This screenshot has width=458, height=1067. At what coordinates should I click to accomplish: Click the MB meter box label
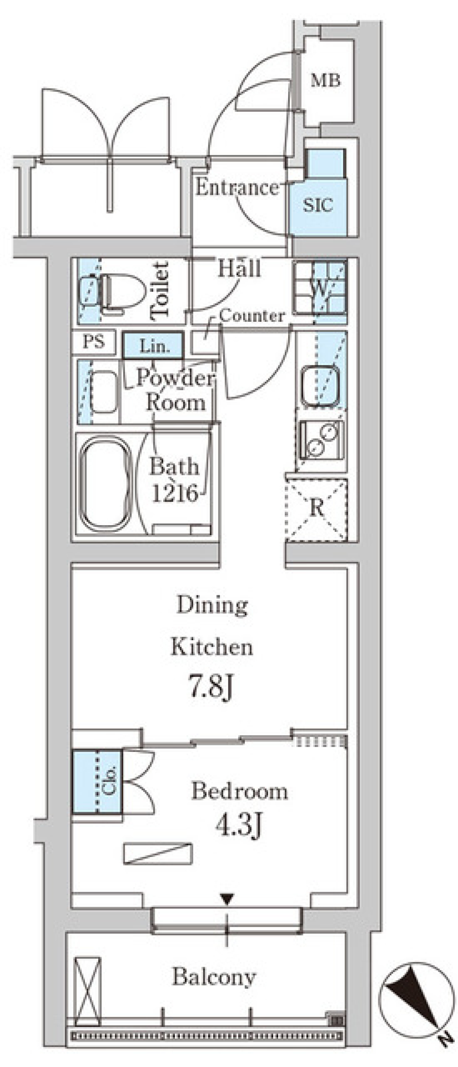pyautogui.click(x=326, y=80)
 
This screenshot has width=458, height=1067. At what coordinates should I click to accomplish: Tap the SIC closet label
pyautogui.click(x=318, y=205)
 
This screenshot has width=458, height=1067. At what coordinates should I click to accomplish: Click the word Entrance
pyautogui.click(x=237, y=187)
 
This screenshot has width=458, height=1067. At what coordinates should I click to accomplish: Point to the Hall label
pyautogui.click(x=239, y=268)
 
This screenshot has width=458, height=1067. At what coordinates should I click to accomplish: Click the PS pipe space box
pyautogui.click(x=94, y=342)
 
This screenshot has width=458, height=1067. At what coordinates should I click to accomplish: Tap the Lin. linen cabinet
pyautogui.click(x=153, y=345)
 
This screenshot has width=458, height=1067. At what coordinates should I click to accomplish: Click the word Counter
pyautogui.click(x=252, y=316)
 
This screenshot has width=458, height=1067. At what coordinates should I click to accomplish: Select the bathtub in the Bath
pyautogui.click(x=105, y=483)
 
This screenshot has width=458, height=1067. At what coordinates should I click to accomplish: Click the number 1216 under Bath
pyautogui.click(x=175, y=493)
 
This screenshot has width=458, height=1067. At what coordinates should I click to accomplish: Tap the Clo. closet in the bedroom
pyautogui.click(x=97, y=782)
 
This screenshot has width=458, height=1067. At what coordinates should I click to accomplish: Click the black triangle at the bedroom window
pyautogui.click(x=227, y=899)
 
